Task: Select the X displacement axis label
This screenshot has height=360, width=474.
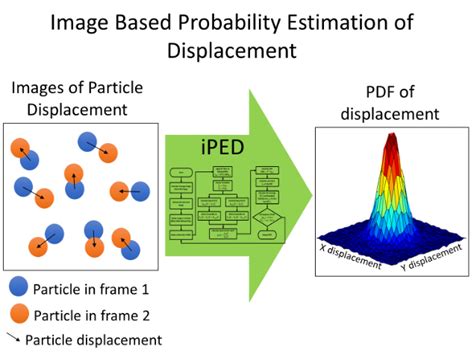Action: pos(350,255)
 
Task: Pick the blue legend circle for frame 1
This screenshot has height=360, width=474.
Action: pos(17,289)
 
